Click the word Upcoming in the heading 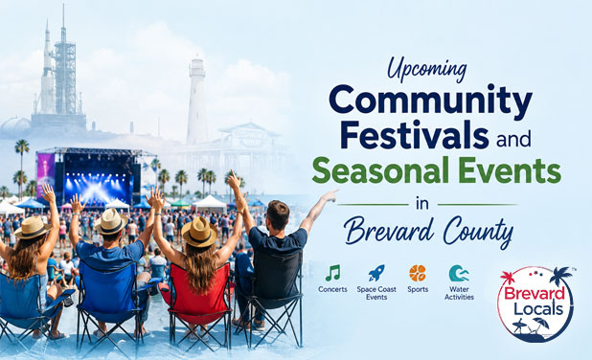click(427, 70)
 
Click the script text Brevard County click(428, 230)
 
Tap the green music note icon click(332, 273)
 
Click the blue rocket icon click(376, 273)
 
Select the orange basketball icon click(418, 273)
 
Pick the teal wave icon click(459, 273)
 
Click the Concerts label click(332, 289)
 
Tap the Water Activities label click(459, 293)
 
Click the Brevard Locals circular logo click(535, 304)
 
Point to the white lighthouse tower click(196, 101)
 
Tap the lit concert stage click(97, 176)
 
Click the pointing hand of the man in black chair click(330, 195)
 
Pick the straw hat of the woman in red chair click(199, 232)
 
